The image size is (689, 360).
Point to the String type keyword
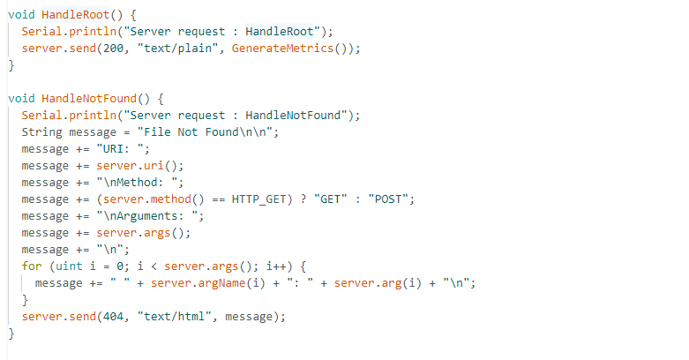click(x=41, y=132)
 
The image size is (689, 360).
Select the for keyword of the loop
click(x=31, y=266)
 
